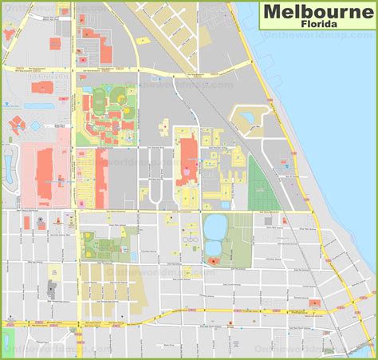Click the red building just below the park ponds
tap(213, 260)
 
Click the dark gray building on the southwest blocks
tap(52, 287)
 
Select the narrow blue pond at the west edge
tap(10, 167)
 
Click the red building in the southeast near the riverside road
tap(314, 303)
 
